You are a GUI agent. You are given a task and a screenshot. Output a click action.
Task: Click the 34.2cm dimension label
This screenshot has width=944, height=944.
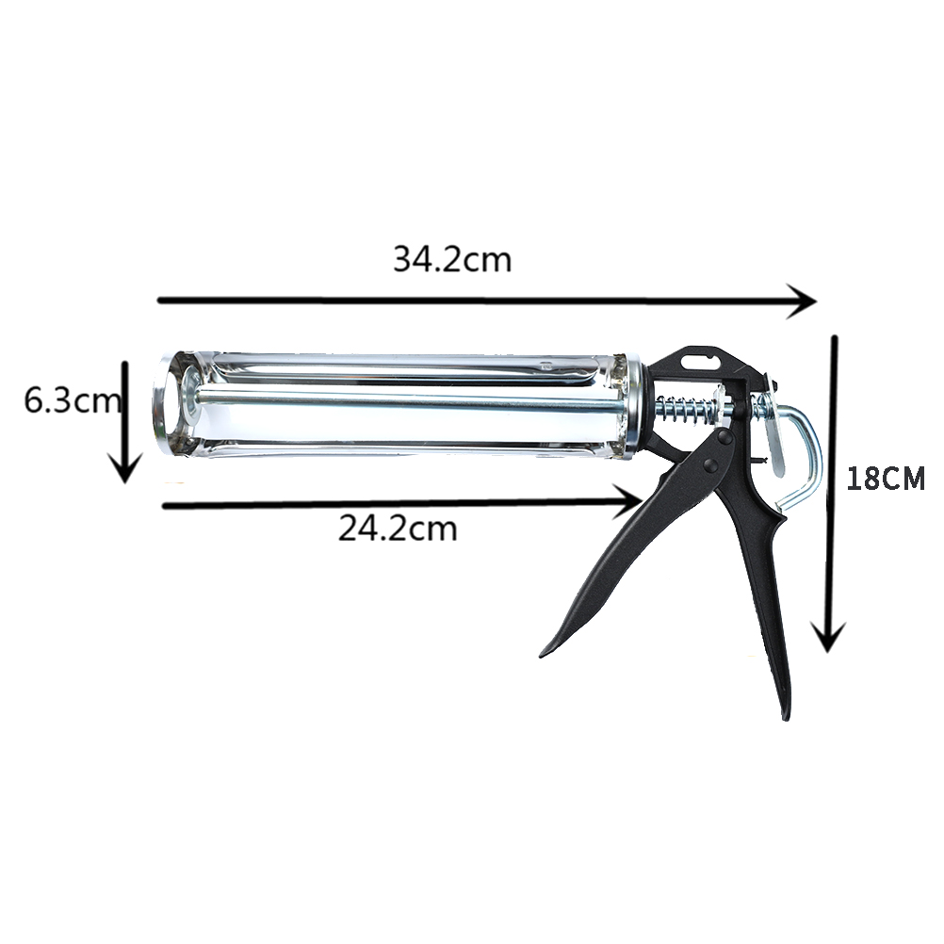(x=452, y=260)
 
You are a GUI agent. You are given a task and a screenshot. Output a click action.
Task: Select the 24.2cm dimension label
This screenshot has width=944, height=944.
(x=398, y=529)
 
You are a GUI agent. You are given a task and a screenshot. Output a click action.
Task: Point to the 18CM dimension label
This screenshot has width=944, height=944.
(x=885, y=480)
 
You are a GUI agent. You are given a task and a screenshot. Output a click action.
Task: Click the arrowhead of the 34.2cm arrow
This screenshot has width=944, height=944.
(x=806, y=301)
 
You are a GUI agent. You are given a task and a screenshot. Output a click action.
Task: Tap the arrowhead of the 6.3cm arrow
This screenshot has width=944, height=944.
(x=124, y=470)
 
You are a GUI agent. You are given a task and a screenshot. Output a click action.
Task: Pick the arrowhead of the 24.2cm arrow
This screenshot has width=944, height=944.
(x=629, y=501)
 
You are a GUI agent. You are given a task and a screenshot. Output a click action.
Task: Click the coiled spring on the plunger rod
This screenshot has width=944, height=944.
(x=685, y=411)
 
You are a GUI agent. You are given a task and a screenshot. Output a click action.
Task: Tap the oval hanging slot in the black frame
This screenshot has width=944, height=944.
(x=699, y=361)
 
